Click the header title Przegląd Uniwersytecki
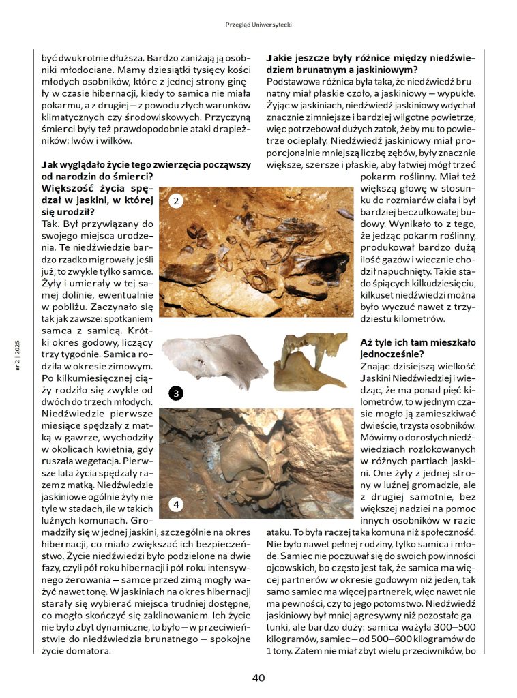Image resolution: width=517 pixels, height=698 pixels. (x=258, y=25)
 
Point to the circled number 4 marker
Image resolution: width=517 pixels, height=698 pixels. (x=176, y=504)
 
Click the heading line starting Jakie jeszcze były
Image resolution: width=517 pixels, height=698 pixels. (x=370, y=58)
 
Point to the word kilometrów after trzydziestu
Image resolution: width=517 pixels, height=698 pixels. (x=418, y=318)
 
